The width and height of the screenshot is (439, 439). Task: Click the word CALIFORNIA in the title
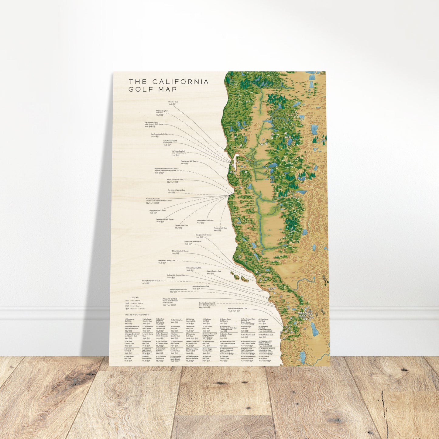click(x=180, y=82)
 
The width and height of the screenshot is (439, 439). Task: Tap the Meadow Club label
click(x=173, y=102)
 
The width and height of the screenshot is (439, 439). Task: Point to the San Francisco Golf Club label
click(x=159, y=134)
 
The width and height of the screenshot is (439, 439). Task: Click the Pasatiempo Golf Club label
click(x=188, y=161)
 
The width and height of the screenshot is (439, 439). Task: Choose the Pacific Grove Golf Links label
click(x=175, y=180)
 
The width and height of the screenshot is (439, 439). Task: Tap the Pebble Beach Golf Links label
click(x=205, y=221)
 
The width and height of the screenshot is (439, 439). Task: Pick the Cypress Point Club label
click(x=181, y=225)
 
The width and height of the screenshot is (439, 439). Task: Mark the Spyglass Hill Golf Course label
click(x=165, y=219)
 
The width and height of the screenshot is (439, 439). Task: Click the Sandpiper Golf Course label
click(x=204, y=235)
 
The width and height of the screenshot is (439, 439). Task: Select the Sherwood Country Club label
click(x=166, y=260)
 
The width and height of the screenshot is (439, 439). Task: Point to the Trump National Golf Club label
click(x=151, y=281)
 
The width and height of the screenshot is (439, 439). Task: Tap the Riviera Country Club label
click(x=214, y=271)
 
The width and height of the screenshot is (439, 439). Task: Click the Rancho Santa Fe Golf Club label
click(x=237, y=309)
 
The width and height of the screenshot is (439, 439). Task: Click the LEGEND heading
click(x=134, y=297)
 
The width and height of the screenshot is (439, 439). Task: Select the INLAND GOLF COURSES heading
click(x=137, y=315)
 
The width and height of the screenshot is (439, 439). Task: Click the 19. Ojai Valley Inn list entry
click(x=177, y=320)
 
